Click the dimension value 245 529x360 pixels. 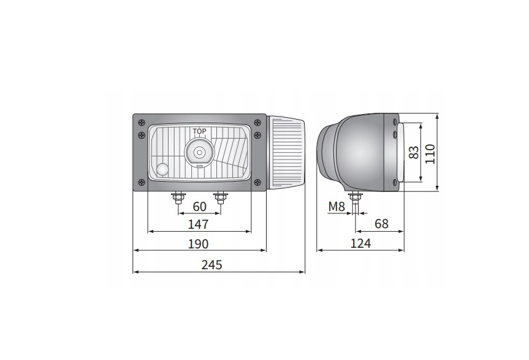(x=212, y=265)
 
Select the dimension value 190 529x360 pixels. (x=199, y=244)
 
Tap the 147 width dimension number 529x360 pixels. (x=199, y=224)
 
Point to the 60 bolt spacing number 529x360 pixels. (x=199, y=207)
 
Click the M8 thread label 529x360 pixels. (x=337, y=207)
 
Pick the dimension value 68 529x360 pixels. (x=381, y=224)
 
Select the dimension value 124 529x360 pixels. (x=360, y=243)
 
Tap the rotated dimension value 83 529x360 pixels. (x=414, y=152)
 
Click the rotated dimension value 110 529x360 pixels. (x=430, y=154)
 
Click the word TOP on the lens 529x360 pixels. (x=199, y=131)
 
